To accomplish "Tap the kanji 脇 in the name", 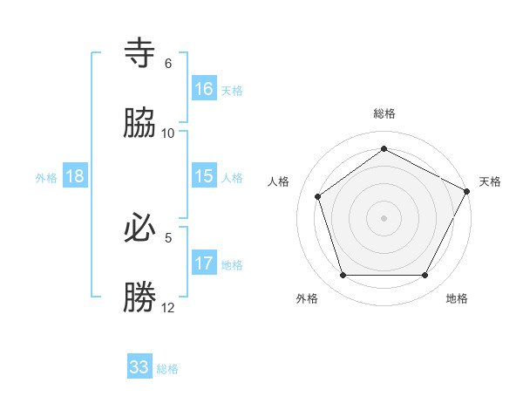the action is tap(140, 123).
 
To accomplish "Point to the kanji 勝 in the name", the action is tap(140, 297).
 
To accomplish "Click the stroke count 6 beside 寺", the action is tap(168, 64).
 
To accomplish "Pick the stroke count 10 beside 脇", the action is tap(168, 133).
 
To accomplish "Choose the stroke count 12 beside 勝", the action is tap(168, 307).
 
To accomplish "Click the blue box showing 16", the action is tap(204, 88).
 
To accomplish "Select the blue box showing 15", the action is tap(204, 176).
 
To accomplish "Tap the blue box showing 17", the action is tap(204, 263).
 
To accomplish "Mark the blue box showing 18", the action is tap(75, 176).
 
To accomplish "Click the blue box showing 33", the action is tap(139, 367).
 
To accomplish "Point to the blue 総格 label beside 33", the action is tap(168, 369).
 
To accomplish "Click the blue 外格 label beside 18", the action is tap(46, 178).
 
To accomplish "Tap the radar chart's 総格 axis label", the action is tap(384, 113).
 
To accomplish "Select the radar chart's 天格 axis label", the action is tap(490, 181).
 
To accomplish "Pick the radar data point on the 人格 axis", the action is tap(318, 196).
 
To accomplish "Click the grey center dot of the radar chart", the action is tap(384, 217).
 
